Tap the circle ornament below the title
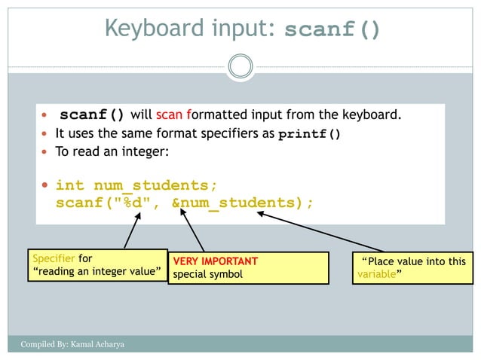point(240,66)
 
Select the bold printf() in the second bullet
point(310,136)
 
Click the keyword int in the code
point(70,185)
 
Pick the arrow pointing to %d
point(130,232)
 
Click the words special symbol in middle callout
point(208,275)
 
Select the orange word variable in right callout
point(373,275)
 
